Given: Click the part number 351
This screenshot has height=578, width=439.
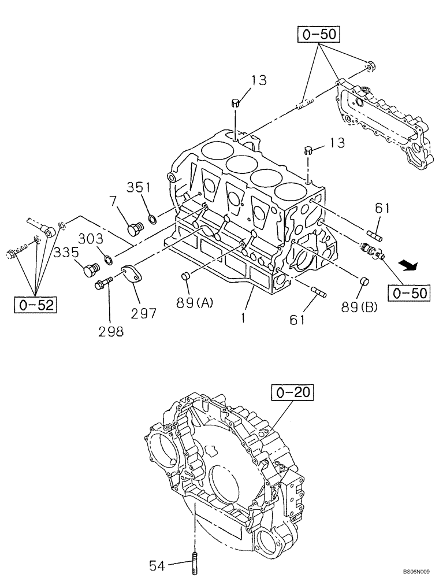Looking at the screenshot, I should (139, 187).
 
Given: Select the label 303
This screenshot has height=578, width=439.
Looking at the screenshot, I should (91, 239).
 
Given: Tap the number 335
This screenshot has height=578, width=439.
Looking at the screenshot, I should (68, 252).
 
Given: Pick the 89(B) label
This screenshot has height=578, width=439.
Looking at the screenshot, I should (359, 307).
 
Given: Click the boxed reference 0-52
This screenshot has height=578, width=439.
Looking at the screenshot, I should (36, 304).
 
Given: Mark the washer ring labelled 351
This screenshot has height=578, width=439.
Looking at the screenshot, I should (152, 219).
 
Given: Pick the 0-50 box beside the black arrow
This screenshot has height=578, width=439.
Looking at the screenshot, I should (409, 293).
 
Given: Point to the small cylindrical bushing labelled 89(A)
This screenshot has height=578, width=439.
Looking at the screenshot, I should (187, 276).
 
